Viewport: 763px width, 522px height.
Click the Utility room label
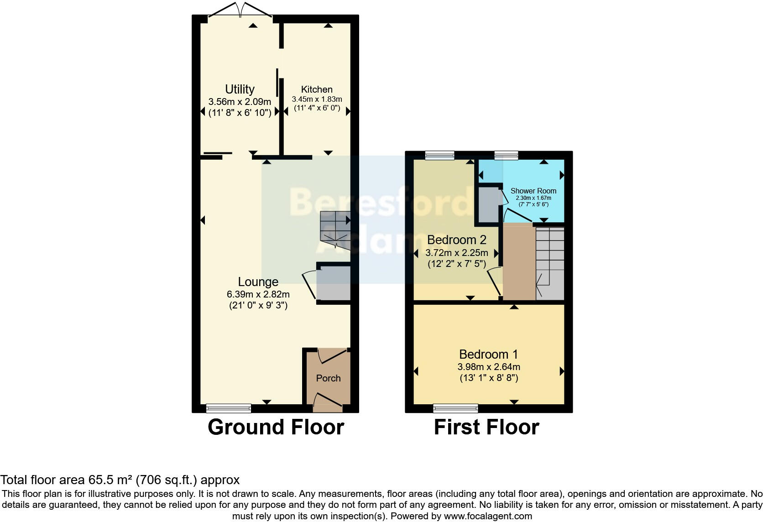(240, 89)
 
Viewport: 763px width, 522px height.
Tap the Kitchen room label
(317, 89)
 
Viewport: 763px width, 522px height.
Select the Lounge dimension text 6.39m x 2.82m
(258, 294)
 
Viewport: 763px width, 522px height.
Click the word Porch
(328, 378)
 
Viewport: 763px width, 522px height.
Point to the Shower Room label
(533, 191)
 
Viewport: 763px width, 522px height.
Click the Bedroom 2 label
(456, 240)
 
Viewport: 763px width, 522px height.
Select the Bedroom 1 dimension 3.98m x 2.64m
(489, 367)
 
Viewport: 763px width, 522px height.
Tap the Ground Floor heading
(276, 427)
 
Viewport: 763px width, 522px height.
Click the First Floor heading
(486, 427)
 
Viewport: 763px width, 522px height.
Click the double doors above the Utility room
(240, 10)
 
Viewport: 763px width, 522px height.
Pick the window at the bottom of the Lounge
(228, 408)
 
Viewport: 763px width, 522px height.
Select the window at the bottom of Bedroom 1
(455, 408)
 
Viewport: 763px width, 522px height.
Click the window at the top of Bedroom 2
(439, 156)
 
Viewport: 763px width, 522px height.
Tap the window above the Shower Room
(506, 156)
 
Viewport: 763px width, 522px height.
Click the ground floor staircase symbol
(334, 226)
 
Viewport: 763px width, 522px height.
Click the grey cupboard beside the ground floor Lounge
(333, 283)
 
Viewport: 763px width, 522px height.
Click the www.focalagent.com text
(488, 516)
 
